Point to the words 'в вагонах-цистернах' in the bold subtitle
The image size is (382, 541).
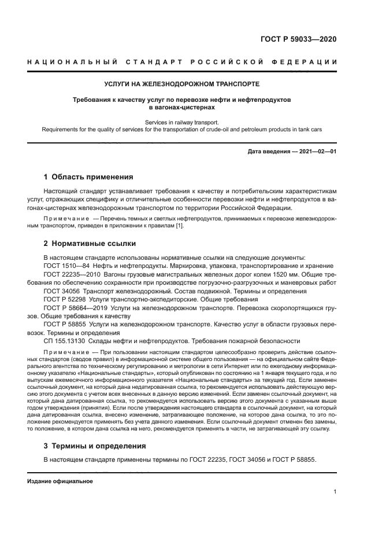(x=181, y=107)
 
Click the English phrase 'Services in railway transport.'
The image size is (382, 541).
(x=181, y=122)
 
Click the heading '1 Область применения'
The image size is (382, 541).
(x=88, y=177)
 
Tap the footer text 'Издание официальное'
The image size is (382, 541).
(x=60, y=481)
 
